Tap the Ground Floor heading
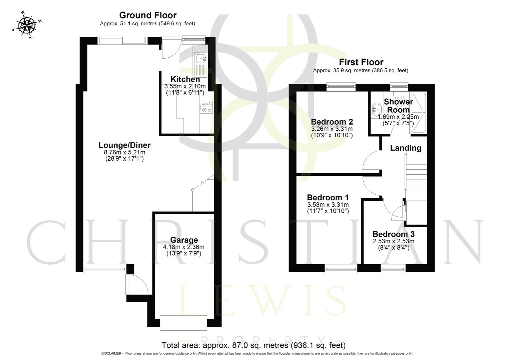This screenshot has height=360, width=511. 148,15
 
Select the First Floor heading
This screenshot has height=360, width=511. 361,62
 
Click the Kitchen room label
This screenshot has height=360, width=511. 185,79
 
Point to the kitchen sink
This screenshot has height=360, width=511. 201,59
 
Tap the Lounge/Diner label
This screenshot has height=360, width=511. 124,145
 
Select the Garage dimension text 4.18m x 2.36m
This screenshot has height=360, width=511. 183,247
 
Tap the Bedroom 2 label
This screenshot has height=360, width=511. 332,122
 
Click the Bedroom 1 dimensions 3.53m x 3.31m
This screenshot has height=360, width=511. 328,205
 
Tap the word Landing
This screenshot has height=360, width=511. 406,148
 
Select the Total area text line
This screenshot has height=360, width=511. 253,345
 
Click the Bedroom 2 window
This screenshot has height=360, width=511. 341,86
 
